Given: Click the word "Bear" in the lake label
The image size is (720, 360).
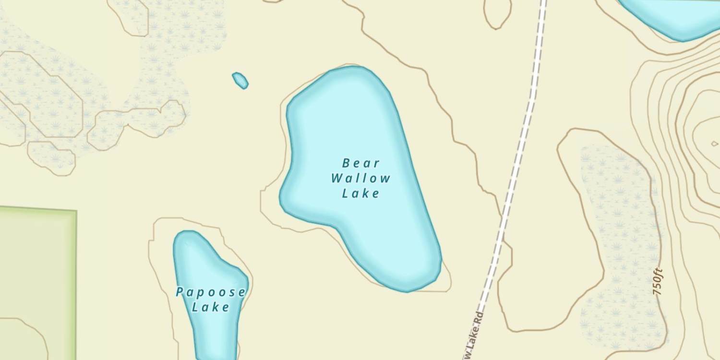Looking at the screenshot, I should click(361, 163).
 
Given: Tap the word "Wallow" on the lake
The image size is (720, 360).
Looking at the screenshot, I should click(361, 179).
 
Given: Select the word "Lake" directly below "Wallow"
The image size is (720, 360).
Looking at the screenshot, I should click(361, 193).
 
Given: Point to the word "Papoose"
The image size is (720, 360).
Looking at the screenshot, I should click(211, 292).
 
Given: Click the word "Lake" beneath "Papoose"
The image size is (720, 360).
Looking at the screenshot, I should click(211, 307).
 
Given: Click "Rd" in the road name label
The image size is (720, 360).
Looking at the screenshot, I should click(478, 319).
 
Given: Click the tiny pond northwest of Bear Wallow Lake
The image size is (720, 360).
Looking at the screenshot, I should click(240, 80).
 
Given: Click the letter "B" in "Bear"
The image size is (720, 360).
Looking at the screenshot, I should click(346, 163).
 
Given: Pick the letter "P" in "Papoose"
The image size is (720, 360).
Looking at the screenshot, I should click(180, 292).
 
